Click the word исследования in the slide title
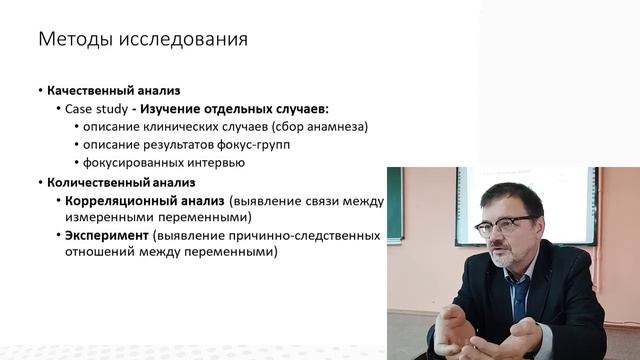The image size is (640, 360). pyautogui.click(x=185, y=40)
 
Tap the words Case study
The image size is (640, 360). pyautogui.click(x=94, y=108)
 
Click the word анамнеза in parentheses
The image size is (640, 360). pyautogui.click(x=337, y=126)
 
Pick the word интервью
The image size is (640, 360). pyautogui.click(x=216, y=162)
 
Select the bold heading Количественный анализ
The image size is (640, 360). pyautogui.click(x=120, y=182)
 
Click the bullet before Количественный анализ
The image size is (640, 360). pyautogui.click(x=40, y=182)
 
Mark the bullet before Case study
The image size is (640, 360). pyautogui.click(x=58, y=108)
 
